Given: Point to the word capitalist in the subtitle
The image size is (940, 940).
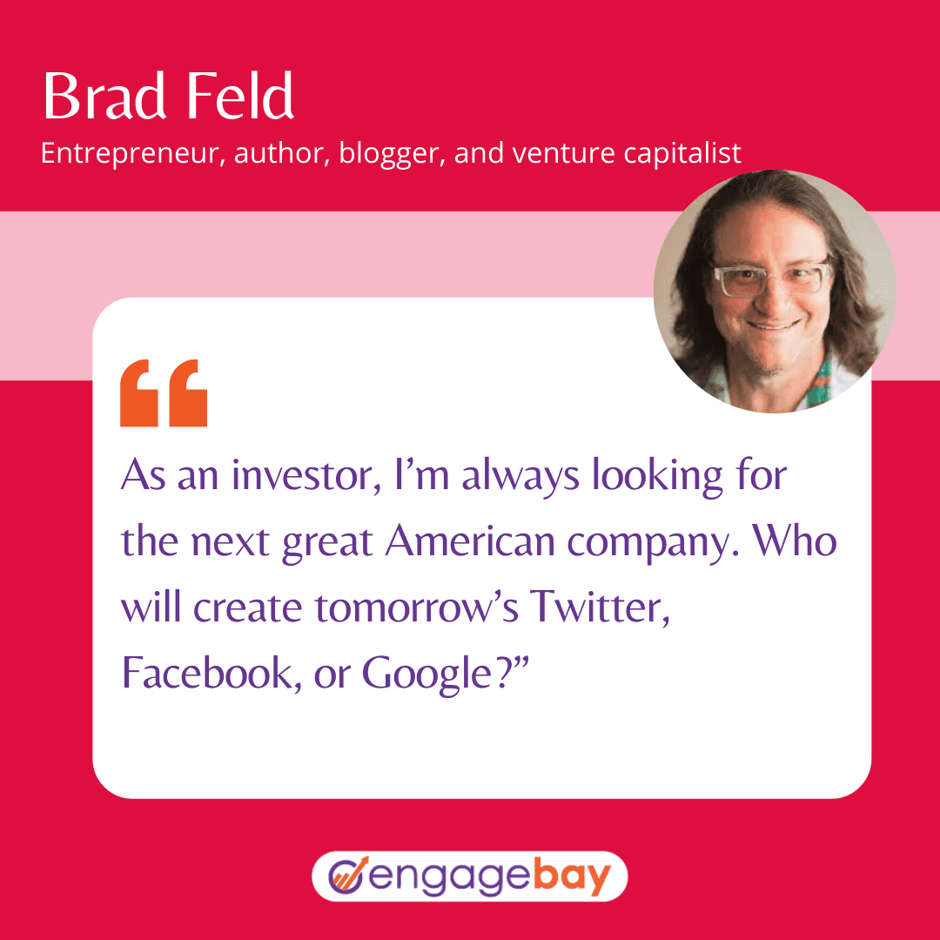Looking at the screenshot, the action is [x=682, y=153].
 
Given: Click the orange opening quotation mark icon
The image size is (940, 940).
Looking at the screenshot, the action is [x=164, y=393].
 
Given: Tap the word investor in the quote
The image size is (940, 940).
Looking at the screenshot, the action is [x=306, y=475].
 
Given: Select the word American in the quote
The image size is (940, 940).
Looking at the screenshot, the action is [x=470, y=540].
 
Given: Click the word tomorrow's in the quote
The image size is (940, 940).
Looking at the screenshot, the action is [x=417, y=608].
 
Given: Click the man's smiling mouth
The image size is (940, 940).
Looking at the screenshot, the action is [x=774, y=326].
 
